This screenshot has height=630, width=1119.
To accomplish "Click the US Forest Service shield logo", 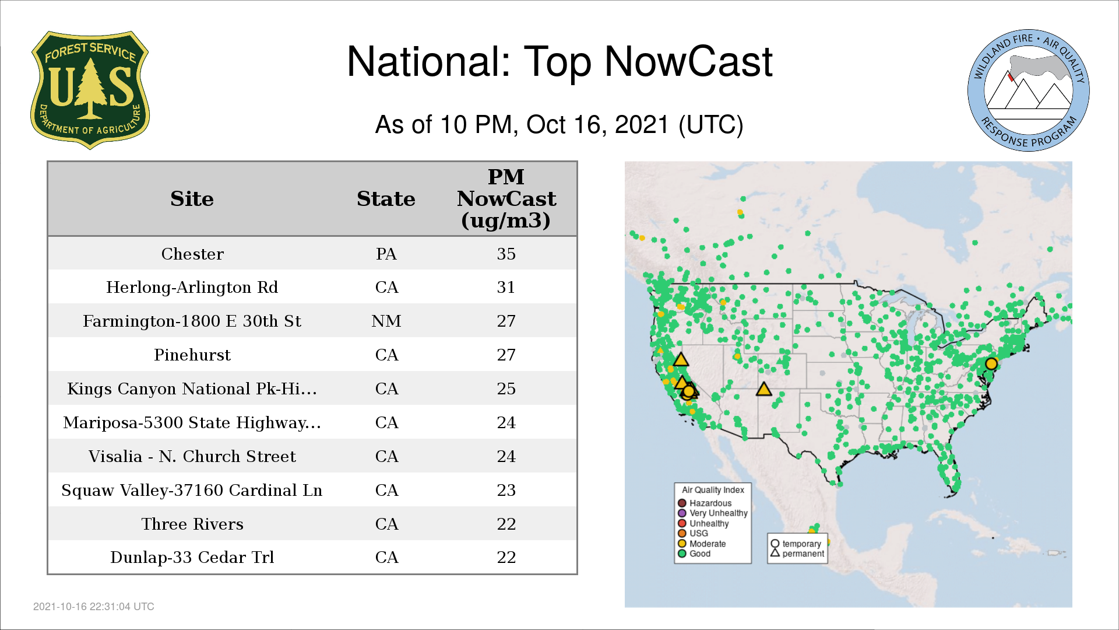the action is tap(90, 90).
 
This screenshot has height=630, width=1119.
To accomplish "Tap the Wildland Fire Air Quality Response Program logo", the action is tap(1029, 90).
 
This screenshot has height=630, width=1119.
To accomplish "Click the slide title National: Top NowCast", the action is tap(559, 62).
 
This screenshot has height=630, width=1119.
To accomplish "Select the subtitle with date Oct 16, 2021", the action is tap(559, 125).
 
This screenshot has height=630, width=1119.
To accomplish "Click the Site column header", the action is tap(192, 199).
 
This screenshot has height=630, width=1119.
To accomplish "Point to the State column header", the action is tap(386, 199).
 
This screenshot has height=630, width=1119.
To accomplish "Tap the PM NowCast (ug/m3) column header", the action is tap(506, 198).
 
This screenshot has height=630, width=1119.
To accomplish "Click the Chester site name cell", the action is tap(192, 254).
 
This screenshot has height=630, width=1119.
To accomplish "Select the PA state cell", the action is tap(386, 254).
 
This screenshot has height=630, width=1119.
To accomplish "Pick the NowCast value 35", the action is tap(506, 254).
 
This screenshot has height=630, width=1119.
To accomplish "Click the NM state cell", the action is tap(386, 321).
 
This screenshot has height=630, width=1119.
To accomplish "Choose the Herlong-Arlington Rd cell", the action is tap(192, 288).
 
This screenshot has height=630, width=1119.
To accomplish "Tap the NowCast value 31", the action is tap(506, 288).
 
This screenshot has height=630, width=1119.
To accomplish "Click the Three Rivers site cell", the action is tap(192, 524).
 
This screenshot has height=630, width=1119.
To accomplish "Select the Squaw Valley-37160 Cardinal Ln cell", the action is tap(192, 491).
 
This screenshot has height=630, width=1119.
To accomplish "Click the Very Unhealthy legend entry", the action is tap(713, 513).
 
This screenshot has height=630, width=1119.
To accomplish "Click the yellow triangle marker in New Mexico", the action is tap(763, 389).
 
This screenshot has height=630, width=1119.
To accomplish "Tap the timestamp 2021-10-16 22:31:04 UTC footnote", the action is tap(94, 607).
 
